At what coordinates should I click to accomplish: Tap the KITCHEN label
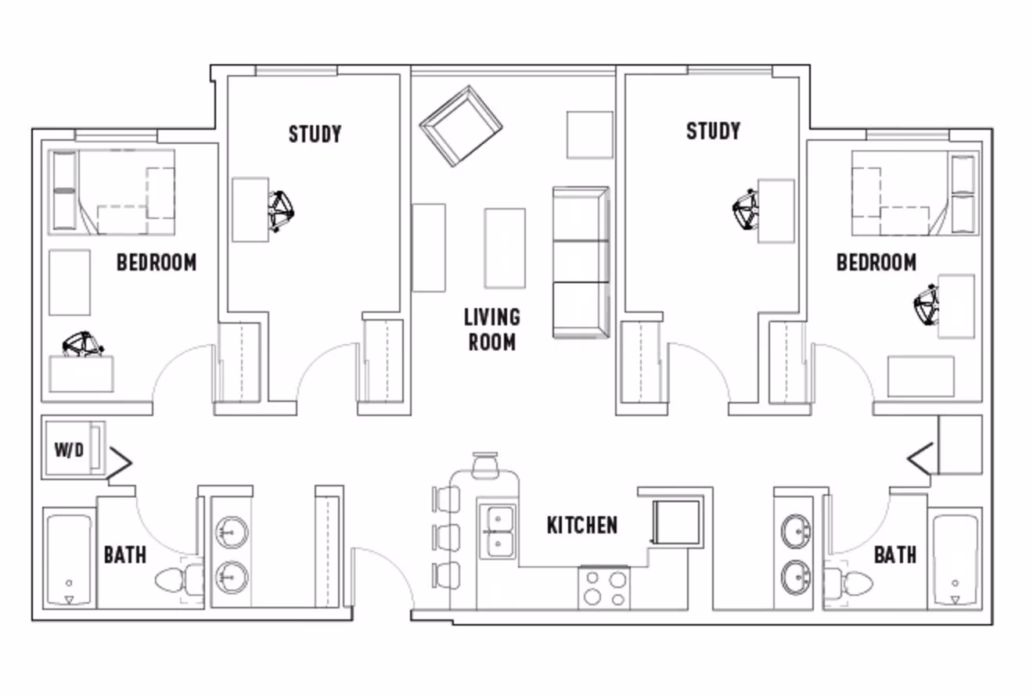click(581, 525)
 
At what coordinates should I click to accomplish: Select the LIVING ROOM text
click(492, 329)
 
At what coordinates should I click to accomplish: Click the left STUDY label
click(315, 134)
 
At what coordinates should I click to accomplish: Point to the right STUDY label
click(713, 131)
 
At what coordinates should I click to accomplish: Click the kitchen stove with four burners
click(604, 589)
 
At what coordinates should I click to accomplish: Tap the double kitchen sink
click(498, 531)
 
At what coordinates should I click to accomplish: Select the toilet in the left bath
click(177, 581)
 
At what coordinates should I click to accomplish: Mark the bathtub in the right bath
click(955, 559)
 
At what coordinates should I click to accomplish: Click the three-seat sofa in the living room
click(580, 262)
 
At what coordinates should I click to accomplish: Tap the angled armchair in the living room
click(461, 125)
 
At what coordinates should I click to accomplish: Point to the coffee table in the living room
click(505, 248)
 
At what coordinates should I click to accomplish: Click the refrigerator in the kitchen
click(675, 521)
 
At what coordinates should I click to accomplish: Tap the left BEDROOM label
click(157, 263)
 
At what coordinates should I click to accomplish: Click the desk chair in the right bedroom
click(928, 305)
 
